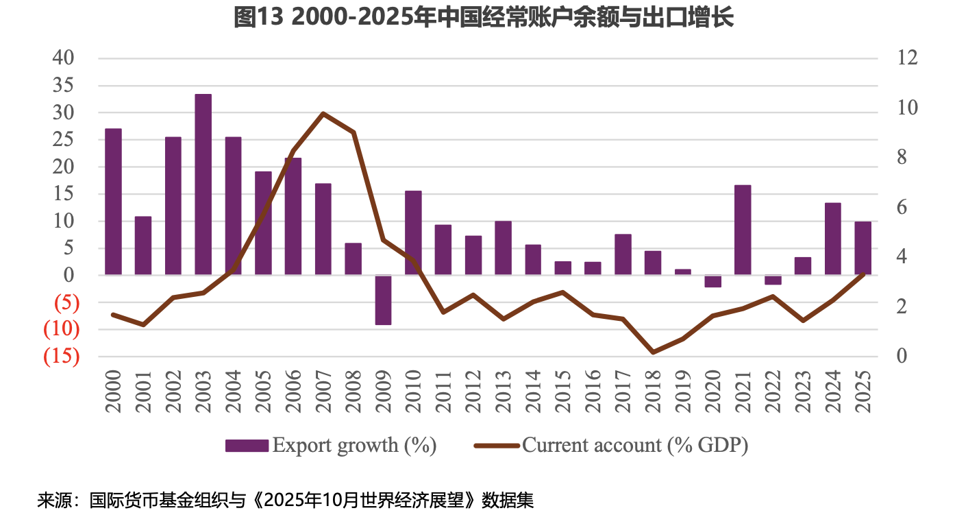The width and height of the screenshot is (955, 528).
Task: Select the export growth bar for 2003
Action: (x=203, y=184)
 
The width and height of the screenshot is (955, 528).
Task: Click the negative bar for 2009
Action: (x=383, y=300)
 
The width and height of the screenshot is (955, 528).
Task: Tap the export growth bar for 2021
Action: (x=743, y=230)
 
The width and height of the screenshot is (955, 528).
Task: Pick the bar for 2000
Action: (x=113, y=202)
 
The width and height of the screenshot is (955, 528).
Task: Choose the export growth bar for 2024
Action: (x=832, y=239)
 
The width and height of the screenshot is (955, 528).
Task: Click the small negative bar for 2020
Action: (x=712, y=281)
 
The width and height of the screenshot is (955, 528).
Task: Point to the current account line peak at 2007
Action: (x=323, y=113)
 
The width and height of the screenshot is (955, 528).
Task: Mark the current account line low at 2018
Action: (x=653, y=352)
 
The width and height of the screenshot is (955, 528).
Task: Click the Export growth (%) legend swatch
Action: (x=247, y=446)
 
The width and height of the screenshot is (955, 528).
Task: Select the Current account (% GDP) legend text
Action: (x=635, y=445)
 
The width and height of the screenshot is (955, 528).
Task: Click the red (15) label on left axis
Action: (x=62, y=357)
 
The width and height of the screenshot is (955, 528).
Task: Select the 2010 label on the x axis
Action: (x=413, y=392)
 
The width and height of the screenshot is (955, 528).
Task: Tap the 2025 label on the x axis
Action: (x=863, y=392)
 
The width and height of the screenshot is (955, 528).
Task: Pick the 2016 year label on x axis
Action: (x=593, y=392)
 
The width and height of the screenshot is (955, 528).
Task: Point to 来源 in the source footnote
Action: (x=51, y=500)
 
